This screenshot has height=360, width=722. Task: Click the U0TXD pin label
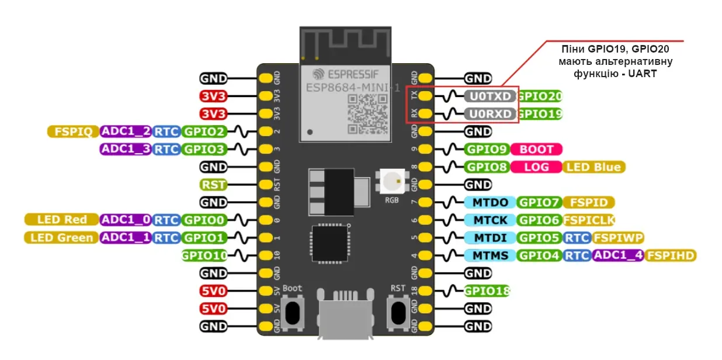pos(490,96)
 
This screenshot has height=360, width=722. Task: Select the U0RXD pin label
pos(490,113)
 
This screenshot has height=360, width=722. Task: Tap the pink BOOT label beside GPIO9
pos(536,149)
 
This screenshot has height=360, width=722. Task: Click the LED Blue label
pos(593,167)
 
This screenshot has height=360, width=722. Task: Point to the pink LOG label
pos(536,167)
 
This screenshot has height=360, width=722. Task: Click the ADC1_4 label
pos(617,255)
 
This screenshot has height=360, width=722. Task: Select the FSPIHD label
pos(671,255)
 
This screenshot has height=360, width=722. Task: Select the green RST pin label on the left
pos(213,185)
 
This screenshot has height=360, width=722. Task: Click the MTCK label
pos(490,220)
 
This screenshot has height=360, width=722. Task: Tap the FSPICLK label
pos(589,220)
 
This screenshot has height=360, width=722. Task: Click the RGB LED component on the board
pos(392,182)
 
